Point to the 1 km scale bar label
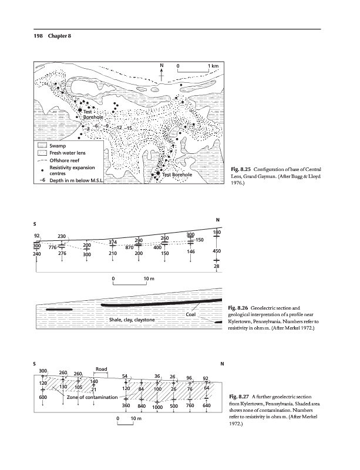pyautogui.click(x=213, y=65)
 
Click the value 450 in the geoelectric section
pyautogui.click(x=217, y=251)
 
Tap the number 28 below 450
pyautogui.click(x=217, y=267)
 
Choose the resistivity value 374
pyautogui.click(x=113, y=241)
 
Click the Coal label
pyautogui.click(x=190, y=314)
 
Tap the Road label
pyautogui.click(x=100, y=369)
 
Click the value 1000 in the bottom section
pyautogui.click(x=157, y=407)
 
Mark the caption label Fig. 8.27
pyautogui.click(x=239, y=401)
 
